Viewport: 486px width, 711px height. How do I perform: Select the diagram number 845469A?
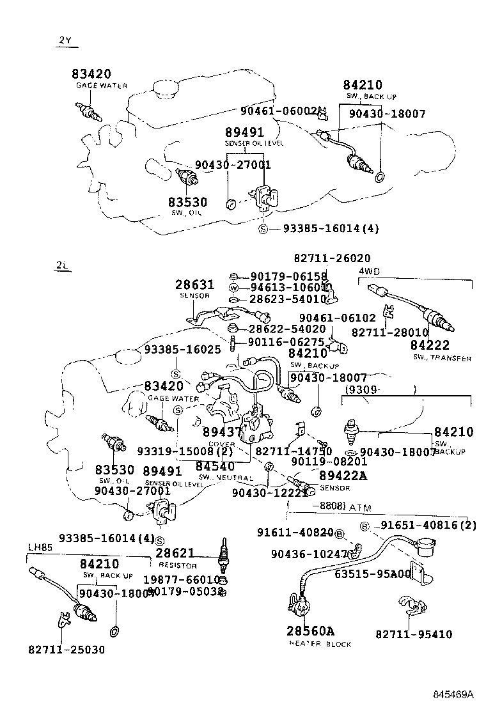click(453, 694)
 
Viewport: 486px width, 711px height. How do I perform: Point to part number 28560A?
click(310, 631)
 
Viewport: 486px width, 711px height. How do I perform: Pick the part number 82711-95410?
click(414, 634)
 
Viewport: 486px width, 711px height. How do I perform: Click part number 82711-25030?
click(67, 650)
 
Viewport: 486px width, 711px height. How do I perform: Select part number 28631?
click(195, 285)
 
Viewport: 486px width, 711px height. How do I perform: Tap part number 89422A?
click(343, 476)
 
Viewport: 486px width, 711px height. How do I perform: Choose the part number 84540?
click(215, 466)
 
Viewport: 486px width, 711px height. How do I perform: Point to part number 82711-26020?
click(332, 258)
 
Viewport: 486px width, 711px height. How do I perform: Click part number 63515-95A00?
click(373, 574)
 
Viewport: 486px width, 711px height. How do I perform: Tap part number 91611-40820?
click(295, 533)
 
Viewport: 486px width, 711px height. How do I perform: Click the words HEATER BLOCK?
click(320, 645)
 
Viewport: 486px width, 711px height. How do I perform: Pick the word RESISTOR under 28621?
click(178, 566)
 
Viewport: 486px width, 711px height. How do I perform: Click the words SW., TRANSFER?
click(442, 358)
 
